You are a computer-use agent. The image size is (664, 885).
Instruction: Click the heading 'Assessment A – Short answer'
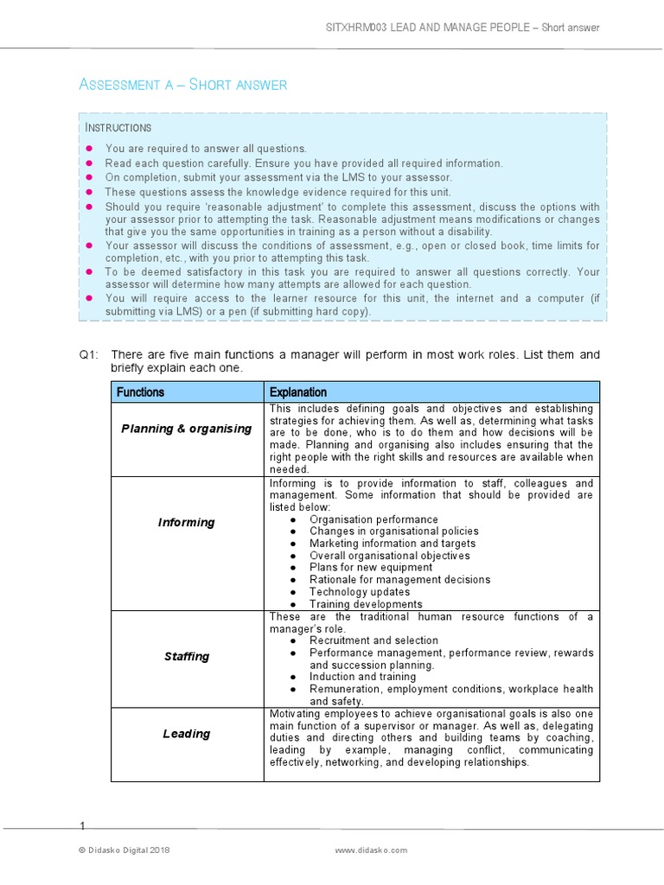[x=182, y=84]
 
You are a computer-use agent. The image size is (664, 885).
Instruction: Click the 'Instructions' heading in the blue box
[x=118, y=128]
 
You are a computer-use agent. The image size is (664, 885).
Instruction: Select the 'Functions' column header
[x=140, y=392]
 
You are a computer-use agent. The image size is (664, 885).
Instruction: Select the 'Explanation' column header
[x=298, y=392]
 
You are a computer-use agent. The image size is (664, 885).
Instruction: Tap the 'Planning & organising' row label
[x=187, y=429]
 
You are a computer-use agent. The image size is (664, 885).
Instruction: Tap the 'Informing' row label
[x=187, y=522]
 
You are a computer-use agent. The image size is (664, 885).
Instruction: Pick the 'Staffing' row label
[x=187, y=656]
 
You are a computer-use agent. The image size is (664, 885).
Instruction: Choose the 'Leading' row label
[x=187, y=734]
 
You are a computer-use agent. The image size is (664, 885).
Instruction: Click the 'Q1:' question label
[x=91, y=355]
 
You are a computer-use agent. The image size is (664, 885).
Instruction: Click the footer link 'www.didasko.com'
[x=371, y=850]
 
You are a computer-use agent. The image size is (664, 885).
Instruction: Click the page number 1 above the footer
[x=83, y=826]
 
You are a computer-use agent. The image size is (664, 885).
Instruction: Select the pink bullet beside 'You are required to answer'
[x=89, y=149]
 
